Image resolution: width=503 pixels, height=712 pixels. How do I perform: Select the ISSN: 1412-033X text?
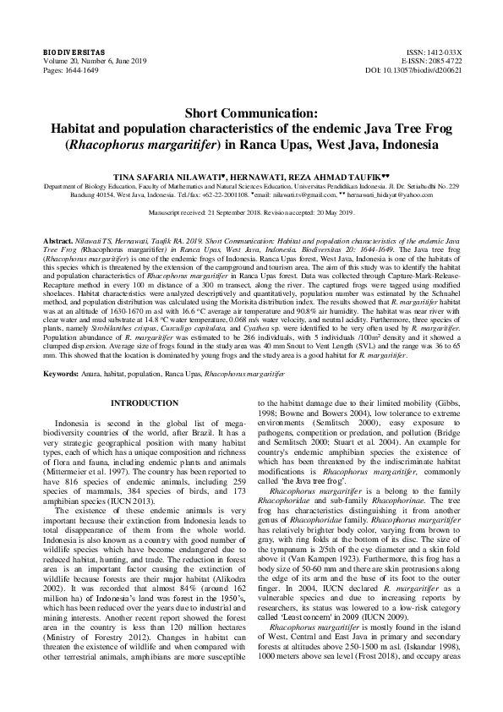pos(429,52)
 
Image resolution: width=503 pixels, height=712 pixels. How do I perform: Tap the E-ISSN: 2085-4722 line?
pos(424,62)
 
